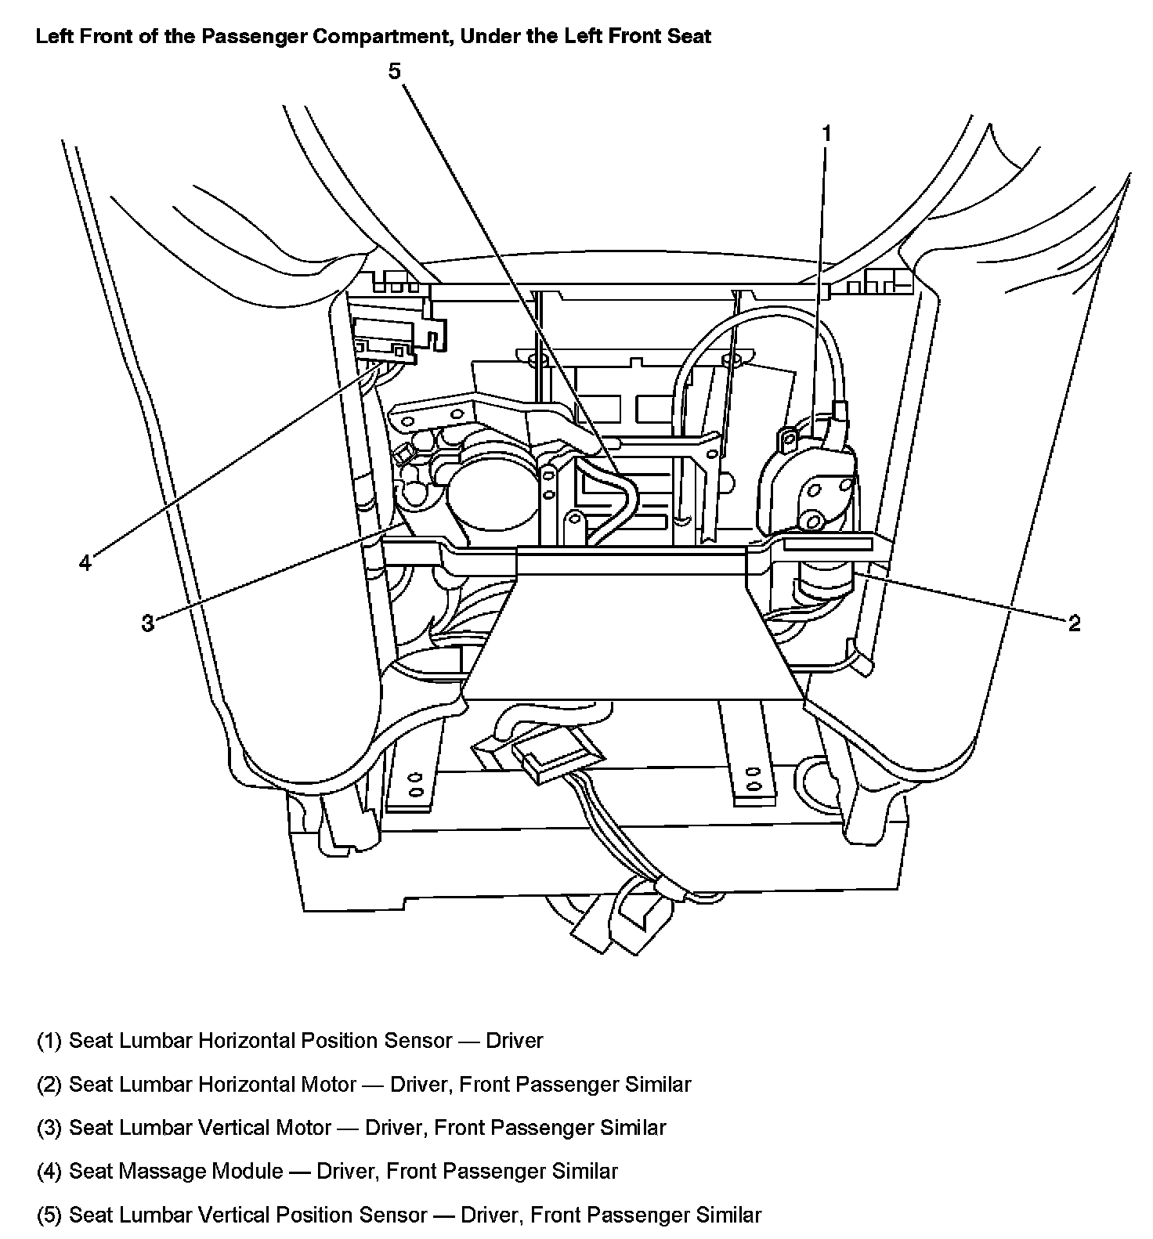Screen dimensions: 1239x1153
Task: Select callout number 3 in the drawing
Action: click(x=147, y=623)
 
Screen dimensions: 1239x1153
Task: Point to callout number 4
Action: click(x=85, y=562)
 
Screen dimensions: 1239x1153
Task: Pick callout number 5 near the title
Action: click(x=394, y=71)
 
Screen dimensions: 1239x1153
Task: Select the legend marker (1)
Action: click(x=49, y=1041)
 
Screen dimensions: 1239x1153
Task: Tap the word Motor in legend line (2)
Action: click(x=328, y=1085)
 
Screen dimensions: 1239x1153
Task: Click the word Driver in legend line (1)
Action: click(x=515, y=1041)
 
